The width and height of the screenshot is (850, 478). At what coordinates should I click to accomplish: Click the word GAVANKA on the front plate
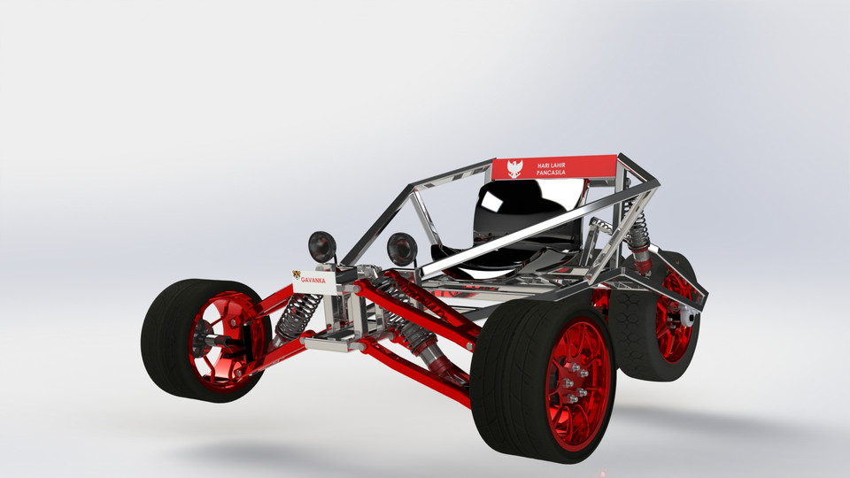tap(313, 280)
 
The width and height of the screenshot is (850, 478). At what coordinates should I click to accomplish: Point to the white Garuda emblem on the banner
tap(514, 168)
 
